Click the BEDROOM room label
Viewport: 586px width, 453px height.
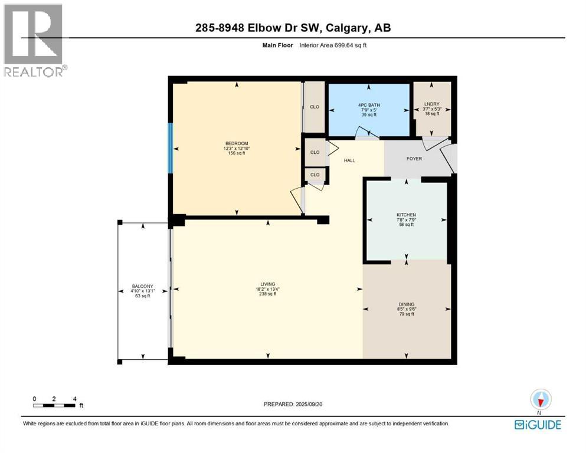click(x=237, y=143)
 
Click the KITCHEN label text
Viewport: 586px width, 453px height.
click(x=406, y=215)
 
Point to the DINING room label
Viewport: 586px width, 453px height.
click(x=406, y=305)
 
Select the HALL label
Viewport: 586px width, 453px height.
click(x=350, y=160)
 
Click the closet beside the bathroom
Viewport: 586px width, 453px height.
click(x=315, y=107)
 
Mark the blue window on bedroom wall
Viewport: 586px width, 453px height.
click(x=171, y=148)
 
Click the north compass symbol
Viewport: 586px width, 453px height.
click(x=540, y=400)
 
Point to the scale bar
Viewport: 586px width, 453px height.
click(x=54, y=405)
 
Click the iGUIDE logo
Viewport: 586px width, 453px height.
click(x=537, y=424)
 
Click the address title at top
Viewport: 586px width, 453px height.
click(x=293, y=28)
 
